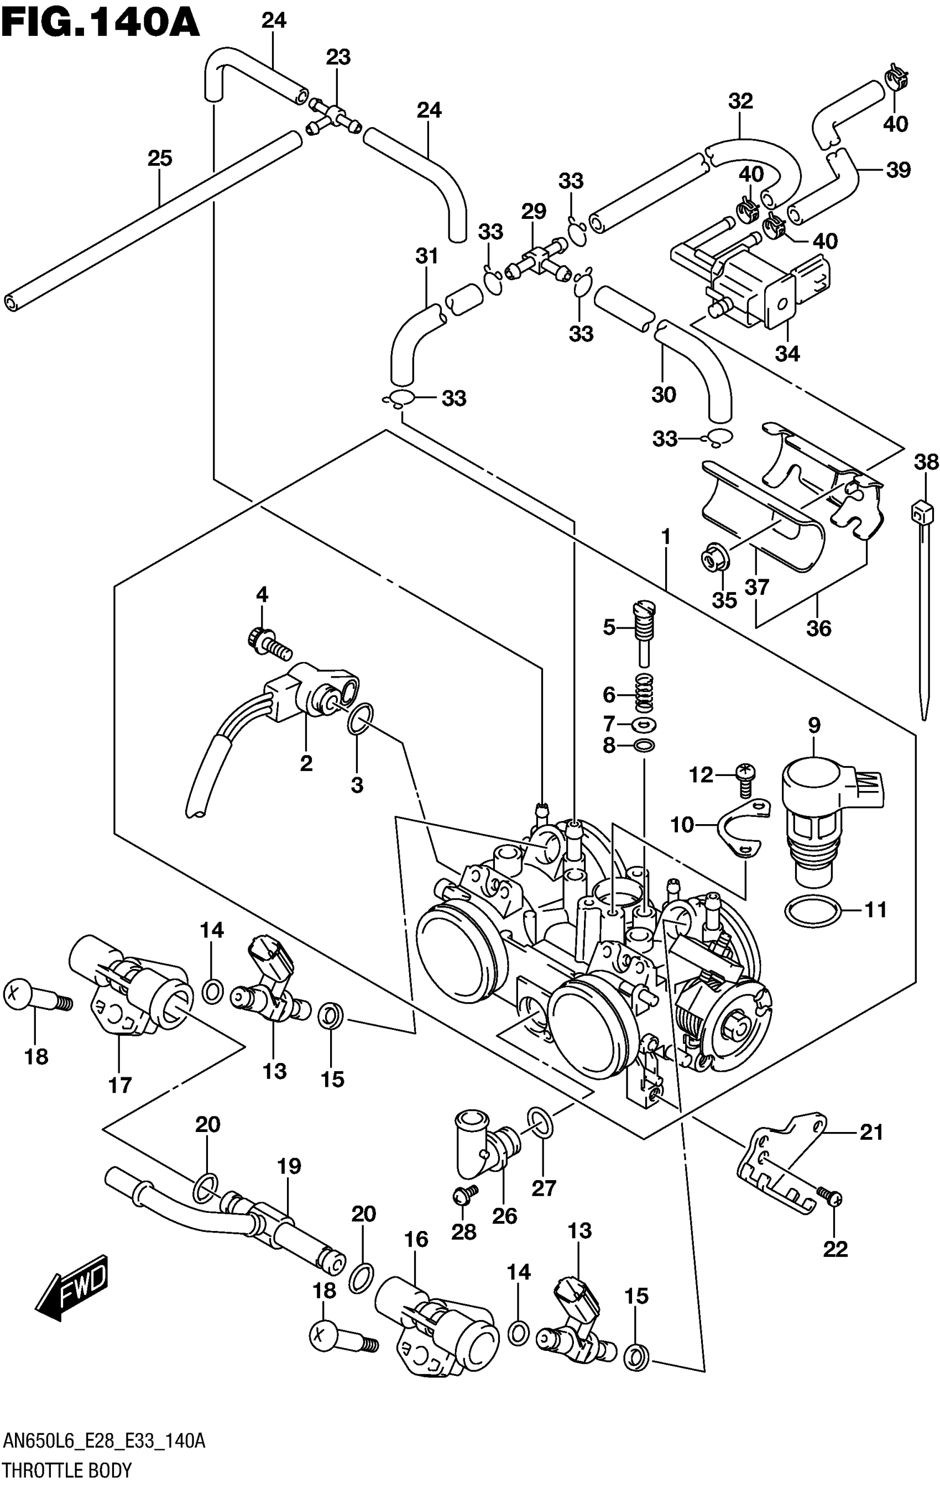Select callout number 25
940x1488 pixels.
pos(159,158)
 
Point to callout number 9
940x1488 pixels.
pos(814,725)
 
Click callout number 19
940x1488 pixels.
pos(289,1166)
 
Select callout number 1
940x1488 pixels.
pos(666,536)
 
